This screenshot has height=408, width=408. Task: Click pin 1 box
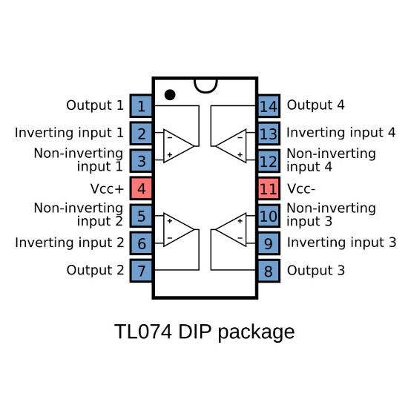[x=141, y=106]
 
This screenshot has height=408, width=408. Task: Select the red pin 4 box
[x=141, y=188]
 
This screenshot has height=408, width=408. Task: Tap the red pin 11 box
[x=269, y=188]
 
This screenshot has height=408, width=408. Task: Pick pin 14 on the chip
[x=269, y=106]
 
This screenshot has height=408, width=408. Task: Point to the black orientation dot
[x=170, y=94]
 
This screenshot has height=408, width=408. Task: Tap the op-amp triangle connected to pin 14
[x=231, y=145]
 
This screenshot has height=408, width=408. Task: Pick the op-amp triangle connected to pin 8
[x=231, y=229]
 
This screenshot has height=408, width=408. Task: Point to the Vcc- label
[x=302, y=188]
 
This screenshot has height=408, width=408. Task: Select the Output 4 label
[x=315, y=105]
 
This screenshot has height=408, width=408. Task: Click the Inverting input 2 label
[x=70, y=242]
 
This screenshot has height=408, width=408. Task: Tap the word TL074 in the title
[x=143, y=331]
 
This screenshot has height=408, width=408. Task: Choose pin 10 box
[x=269, y=216]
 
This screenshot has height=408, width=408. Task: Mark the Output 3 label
[x=315, y=271]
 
